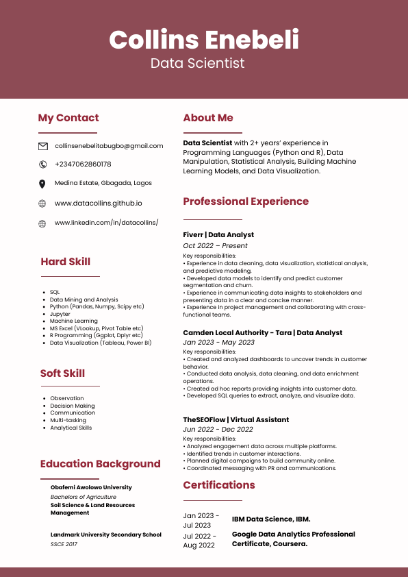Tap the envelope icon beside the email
(x=42, y=146)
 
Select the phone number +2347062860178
(x=83, y=164)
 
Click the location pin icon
(x=42, y=184)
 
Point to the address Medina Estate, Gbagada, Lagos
(x=103, y=184)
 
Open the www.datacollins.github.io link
(x=99, y=204)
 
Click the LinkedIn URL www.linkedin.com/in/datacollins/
(x=106, y=223)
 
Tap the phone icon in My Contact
(x=42, y=164)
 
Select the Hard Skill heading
(x=65, y=262)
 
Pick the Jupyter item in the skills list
(x=60, y=314)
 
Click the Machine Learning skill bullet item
(x=74, y=321)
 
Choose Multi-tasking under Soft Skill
(x=68, y=420)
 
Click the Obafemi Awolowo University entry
(x=91, y=487)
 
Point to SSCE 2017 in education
(x=64, y=544)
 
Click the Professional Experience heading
(x=246, y=201)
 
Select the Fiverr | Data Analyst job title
(x=218, y=235)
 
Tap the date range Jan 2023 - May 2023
(x=218, y=343)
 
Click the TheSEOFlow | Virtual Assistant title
(x=236, y=419)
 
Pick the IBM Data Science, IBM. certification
(x=271, y=519)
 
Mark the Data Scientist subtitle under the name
(x=197, y=64)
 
